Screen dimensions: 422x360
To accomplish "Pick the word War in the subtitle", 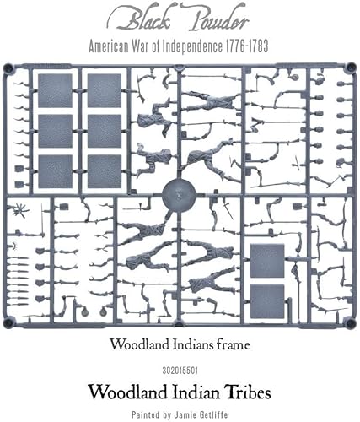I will [x=153, y=48].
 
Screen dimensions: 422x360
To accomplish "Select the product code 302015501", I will [x=180, y=367].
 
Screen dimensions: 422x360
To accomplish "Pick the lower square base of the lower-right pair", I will [x=266, y=298].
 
